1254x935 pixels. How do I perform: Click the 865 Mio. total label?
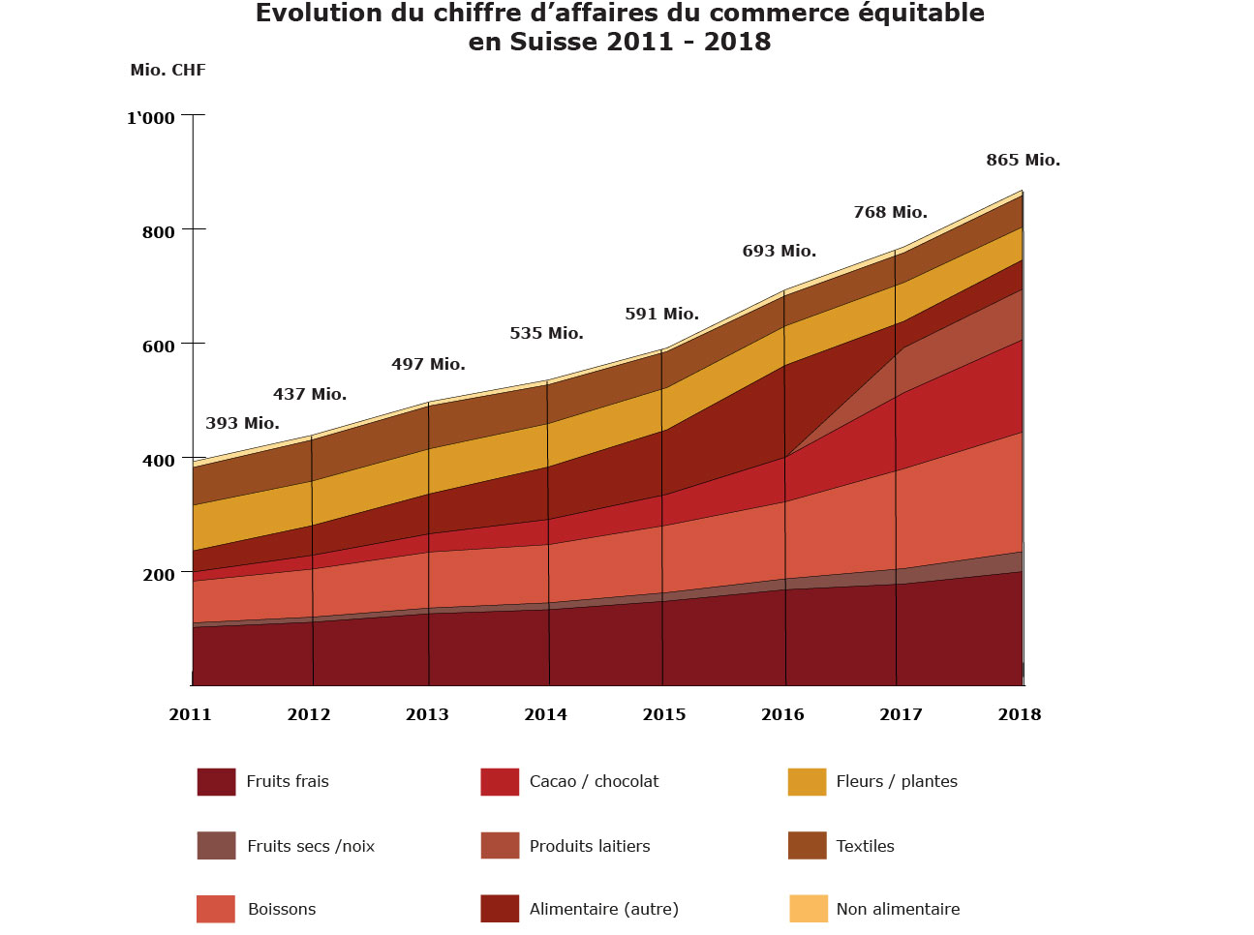1023,161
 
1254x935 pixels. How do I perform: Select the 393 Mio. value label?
242,424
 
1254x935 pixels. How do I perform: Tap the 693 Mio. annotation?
779,252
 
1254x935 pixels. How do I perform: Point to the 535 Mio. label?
546,334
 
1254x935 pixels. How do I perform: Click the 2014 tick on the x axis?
545,715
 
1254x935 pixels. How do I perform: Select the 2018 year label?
1019,715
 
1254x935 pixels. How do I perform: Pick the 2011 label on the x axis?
190,715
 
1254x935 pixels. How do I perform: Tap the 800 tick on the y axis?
159,232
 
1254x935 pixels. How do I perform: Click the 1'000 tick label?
151,119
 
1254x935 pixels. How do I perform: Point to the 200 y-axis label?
159,575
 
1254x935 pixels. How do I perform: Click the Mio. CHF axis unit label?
168,71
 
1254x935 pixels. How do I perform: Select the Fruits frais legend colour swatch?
216,782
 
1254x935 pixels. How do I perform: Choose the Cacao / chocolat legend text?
594,782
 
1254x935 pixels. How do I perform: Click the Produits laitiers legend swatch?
500,846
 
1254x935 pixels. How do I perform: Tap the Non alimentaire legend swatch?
808,909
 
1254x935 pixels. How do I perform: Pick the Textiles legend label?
865,846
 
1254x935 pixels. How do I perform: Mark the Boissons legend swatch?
215,909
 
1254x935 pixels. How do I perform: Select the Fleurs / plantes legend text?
897,782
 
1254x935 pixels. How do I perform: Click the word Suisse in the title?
555,43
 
